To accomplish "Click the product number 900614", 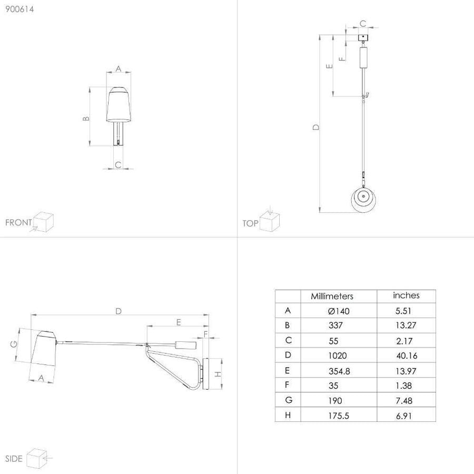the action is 19,9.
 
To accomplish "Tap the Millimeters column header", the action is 332,296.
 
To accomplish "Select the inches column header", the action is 406,295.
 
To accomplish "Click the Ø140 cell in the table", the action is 339,311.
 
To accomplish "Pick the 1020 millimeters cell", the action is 338,355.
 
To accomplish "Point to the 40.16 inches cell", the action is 407,355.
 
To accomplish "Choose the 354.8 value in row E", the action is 339,371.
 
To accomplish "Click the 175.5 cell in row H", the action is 339,416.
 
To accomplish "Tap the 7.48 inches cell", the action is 404,401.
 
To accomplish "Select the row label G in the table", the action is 289,400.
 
